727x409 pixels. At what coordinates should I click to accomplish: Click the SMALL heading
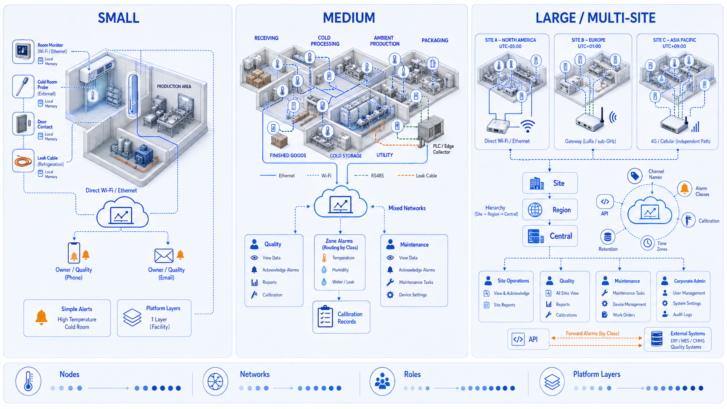coord(118,18)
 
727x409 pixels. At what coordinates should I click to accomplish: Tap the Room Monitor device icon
coord(23,51)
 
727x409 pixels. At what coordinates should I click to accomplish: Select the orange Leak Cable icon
coord(23,160)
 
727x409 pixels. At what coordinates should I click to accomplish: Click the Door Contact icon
coord(23,123)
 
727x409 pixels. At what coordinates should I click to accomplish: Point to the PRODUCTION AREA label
coord(174,86)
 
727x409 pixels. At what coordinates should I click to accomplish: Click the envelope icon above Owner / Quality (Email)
coord(163,256)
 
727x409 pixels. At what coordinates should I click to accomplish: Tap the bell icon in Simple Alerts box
coord(42,317)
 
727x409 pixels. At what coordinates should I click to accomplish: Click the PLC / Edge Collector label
coord(443,149)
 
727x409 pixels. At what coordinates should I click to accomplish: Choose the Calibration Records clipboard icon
coord(325,316)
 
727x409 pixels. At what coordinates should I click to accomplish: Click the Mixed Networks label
coord(407,208)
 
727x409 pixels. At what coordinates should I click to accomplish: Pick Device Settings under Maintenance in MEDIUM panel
coord(413,295)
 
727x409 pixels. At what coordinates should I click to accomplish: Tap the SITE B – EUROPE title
coord(588,40)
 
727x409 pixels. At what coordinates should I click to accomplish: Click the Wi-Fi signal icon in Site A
coord(528,126)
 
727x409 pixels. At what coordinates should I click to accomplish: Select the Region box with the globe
coord(550,210)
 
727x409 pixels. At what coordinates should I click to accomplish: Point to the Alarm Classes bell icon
coord(684,189)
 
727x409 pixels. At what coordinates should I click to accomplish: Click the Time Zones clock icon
coord(647,243)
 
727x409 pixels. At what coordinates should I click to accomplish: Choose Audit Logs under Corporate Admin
coord(682,315)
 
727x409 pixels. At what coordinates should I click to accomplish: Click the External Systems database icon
coord(657,339)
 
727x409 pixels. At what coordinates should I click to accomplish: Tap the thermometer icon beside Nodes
coord(28,382)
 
